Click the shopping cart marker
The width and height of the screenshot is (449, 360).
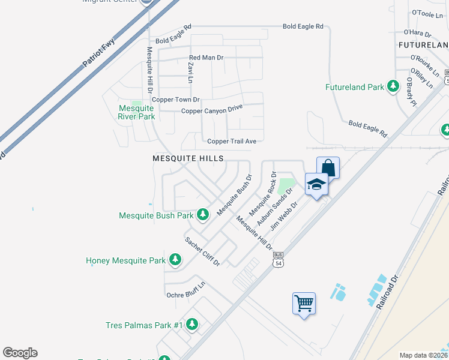coord(304,304)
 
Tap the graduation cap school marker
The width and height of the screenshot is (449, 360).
coord(316,185)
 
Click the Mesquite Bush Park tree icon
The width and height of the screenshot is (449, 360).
coord(203,214)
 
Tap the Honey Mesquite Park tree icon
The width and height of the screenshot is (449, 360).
coord(175,260)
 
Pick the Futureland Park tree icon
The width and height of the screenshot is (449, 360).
coord(393,86)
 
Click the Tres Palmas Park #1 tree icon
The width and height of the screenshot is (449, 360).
coord(191,325)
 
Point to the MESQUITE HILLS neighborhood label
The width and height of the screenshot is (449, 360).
coord(188,158)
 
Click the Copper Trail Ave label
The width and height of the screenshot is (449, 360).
coord(232,141)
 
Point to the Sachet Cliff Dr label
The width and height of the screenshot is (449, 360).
coord(202,251)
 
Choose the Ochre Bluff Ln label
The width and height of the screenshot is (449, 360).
coord(185,295)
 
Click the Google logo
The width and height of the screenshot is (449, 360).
coord(20,353)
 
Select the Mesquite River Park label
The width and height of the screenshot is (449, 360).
coord(136,112)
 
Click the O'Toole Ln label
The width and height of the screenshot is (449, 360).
coord(426,13)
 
